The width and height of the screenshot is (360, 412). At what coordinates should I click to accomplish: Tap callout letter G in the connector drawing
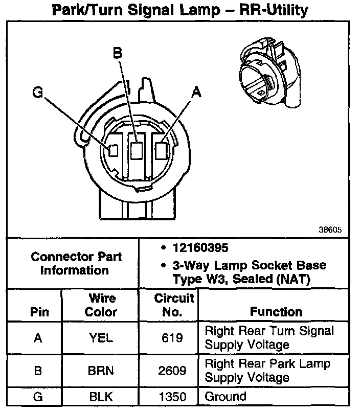coord(37,92)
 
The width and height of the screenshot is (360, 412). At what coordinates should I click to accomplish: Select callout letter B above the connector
coord(117,53)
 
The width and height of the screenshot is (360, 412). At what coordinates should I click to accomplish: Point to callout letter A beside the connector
coord(196,92)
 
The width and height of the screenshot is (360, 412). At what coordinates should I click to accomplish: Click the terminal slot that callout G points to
coord(114,151)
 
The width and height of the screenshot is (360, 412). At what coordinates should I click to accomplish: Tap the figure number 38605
coord(330,230)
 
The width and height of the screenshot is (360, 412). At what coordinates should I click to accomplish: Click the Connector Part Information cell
coord(76,263)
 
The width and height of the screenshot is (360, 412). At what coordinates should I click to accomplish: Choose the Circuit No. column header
coord(173,305)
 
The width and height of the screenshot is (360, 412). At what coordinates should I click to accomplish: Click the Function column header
coord(276,311)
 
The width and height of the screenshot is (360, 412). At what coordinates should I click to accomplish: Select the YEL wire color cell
coord(101,338)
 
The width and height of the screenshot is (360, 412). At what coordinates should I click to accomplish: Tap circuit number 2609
coord(173,371)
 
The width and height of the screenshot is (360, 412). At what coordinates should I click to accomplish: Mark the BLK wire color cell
coord(101,397)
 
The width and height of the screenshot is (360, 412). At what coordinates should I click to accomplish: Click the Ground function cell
coord(226,396)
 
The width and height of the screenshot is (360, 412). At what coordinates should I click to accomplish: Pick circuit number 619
coord(173,338)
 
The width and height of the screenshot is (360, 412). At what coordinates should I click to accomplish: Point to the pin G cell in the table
coord(37,397)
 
